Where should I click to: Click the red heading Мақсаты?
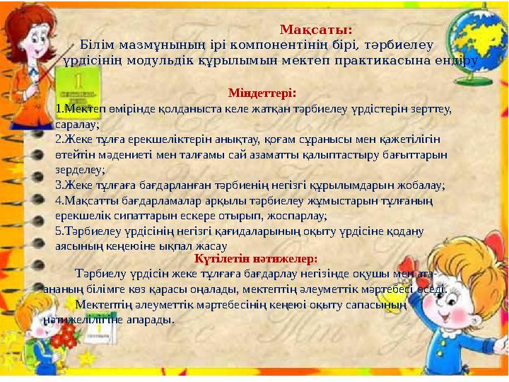tap(316, 30)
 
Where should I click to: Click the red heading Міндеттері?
tap(262, 93)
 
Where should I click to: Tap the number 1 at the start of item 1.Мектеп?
tap(59, 110)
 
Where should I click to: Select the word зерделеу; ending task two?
tap(80, 170)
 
